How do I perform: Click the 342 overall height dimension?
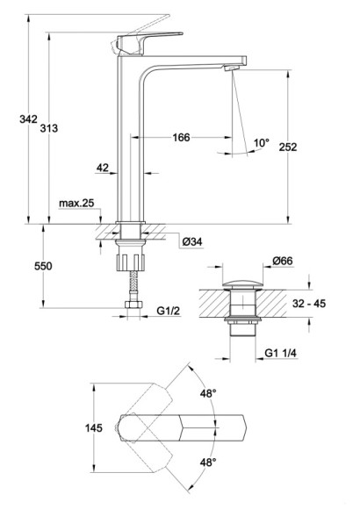point(29,119)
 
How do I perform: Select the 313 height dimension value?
point(49,128)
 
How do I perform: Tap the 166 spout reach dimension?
point(181,137)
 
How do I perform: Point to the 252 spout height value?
point(288,147)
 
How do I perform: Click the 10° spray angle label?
point(262,142)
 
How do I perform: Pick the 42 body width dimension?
point(103,168)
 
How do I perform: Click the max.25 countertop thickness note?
point(76,204)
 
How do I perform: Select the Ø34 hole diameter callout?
point(192,241)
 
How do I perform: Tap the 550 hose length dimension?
point(43,266)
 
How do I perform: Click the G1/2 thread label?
point(169,311)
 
